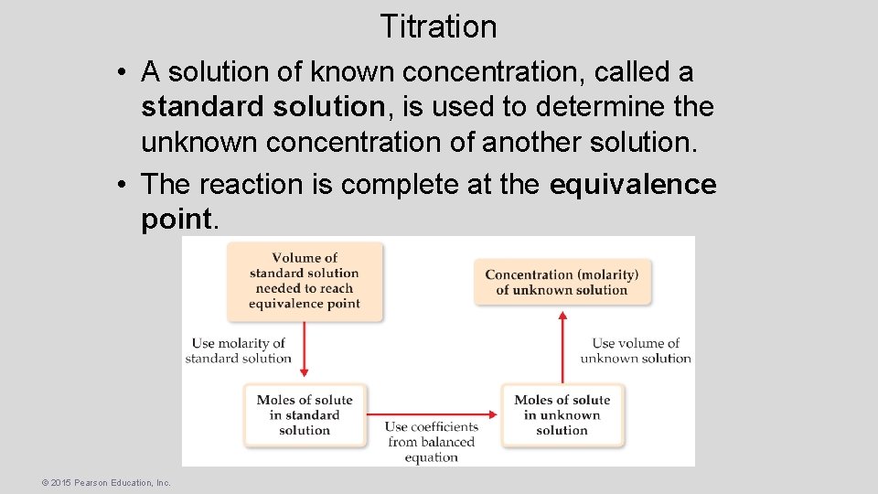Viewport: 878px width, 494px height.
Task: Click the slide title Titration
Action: click(x=438, y=27)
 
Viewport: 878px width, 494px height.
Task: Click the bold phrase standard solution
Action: click(x=262, y=107)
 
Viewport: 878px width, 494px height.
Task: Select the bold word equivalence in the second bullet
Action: click(x=633, y=184)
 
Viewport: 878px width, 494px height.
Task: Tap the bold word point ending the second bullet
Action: click(x=177, y=220)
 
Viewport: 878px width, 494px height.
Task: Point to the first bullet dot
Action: click(x=122, y=72)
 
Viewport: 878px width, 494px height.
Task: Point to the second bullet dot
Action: click(x=122, y=185)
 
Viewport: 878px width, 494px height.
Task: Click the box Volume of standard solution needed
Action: click(x=305, y=281)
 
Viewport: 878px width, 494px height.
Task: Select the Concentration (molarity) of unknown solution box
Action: click(x=562, y=282)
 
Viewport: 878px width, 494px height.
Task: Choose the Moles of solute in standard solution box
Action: click(x=305, y=414)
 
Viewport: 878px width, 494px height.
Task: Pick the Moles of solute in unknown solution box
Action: click(x=562, y=414)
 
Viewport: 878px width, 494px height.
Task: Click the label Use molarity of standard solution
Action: click(x=239, y=350)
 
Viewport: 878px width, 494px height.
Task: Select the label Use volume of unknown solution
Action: click(x=636, y=350)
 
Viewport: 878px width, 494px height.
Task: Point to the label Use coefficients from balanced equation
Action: click(x=431, y=442)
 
